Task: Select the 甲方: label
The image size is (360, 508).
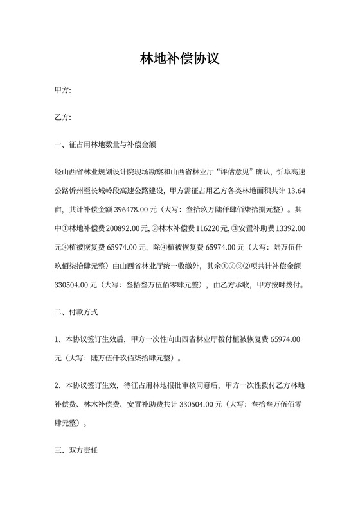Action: click(63, 92)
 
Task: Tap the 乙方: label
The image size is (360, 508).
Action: click(63, 118)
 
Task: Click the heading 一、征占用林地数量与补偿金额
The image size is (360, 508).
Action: click(106, 144)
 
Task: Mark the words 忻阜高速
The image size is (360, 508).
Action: click(289, 172)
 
